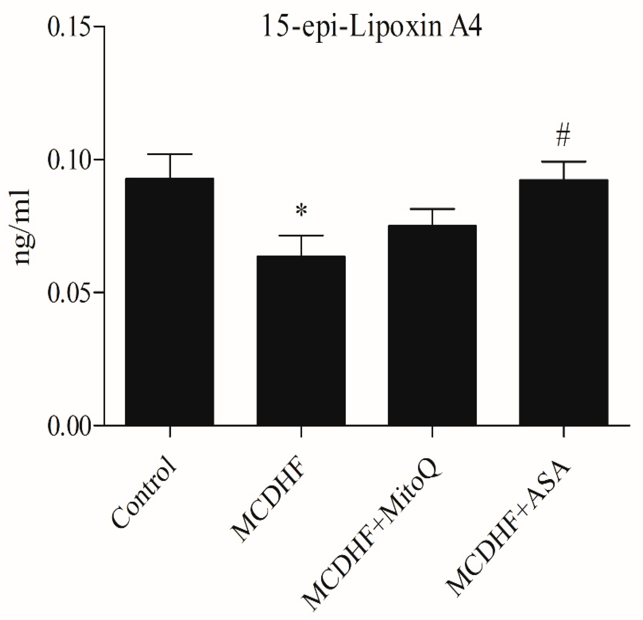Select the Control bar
169,302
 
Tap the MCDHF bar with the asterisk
301,341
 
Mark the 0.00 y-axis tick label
68,426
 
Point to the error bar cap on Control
170,154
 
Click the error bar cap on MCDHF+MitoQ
432,209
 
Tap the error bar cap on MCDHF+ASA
563,162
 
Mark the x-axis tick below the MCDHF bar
301,432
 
